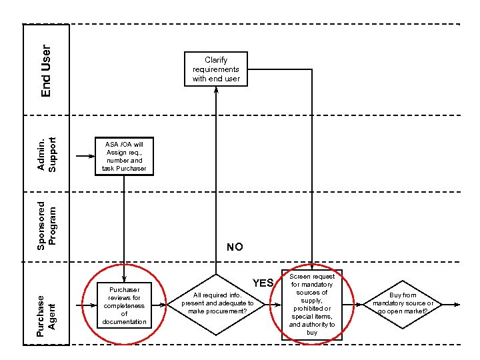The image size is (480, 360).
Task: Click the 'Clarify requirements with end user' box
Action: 216,69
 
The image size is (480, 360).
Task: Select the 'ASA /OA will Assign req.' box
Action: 124,157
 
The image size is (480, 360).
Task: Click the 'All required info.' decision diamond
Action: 216,303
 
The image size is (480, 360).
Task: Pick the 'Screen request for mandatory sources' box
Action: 312,304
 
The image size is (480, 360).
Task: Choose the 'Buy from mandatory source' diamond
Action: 403,303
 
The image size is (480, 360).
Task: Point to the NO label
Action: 235,247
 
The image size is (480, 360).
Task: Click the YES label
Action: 263,283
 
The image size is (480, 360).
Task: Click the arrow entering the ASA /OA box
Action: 85,157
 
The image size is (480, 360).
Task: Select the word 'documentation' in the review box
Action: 124,322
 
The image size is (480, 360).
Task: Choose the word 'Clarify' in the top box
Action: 216,60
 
